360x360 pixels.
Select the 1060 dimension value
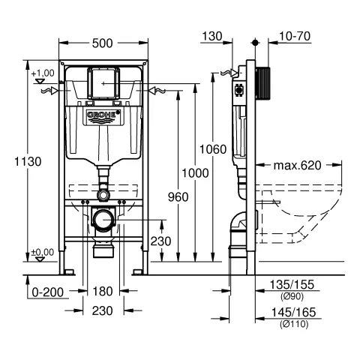tap(215, 149)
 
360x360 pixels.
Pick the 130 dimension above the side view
tap(213, 36)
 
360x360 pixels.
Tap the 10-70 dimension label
tap(286, 36)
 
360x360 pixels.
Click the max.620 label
tap(296, 165)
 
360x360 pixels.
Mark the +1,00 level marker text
tap(43, 72)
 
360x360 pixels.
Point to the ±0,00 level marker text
tap(43, 252)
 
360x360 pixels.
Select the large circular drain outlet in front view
tap(103, 220)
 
